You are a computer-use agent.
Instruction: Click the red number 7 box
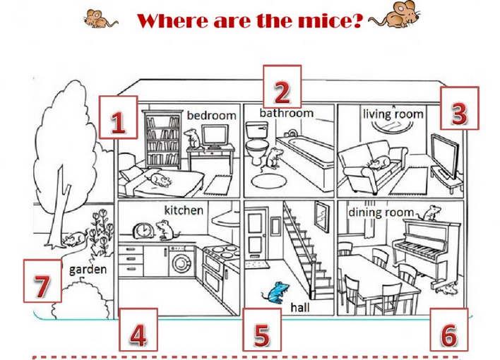click(x=42, y=281)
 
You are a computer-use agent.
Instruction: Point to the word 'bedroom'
click(x=211, y=115)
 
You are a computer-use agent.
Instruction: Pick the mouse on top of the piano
click(x=431, y=213)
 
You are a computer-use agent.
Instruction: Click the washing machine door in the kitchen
click(x=181, y=263)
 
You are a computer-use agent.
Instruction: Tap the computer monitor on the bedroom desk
click(x=215, y=136)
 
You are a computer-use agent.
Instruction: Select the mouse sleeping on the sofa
click(x=379, y=163)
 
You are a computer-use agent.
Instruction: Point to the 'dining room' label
click(x=381, y=212)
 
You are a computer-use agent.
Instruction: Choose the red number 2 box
click(x=282, y=86)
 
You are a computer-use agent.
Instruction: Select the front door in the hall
click(x=256, y=234)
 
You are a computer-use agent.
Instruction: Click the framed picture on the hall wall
click(x=322, y=217)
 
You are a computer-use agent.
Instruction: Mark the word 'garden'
click(x=88, y=270)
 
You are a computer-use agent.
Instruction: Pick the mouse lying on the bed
click(x=159, y=179)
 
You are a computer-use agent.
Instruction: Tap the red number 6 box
click(x=449, y=330)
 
